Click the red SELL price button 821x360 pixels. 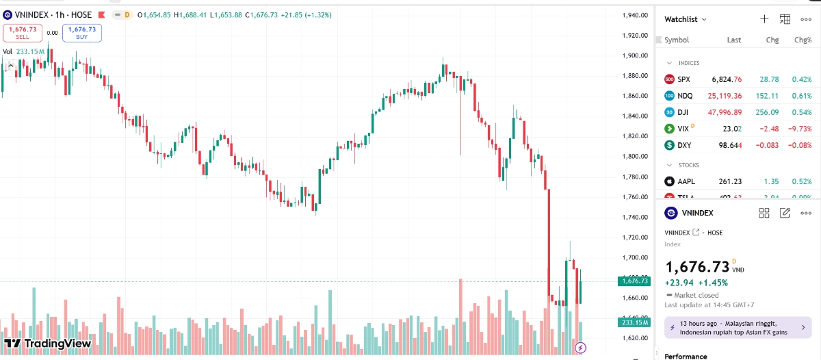click(x=23, y=33)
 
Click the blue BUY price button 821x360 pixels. click(x=82, y=33)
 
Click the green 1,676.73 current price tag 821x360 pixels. click(x=634, y=281)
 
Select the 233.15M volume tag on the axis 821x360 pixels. click(x=634, y=322)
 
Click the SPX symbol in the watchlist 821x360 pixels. click(x=683, y=79)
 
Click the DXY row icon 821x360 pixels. click(x=669, y=145)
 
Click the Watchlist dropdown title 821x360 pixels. click(x=686, y=19)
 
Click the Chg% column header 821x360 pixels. click(x=803, y=40)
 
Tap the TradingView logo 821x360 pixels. click(x=47, y=343)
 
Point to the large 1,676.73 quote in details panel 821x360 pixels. click(x=697, y=267)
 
